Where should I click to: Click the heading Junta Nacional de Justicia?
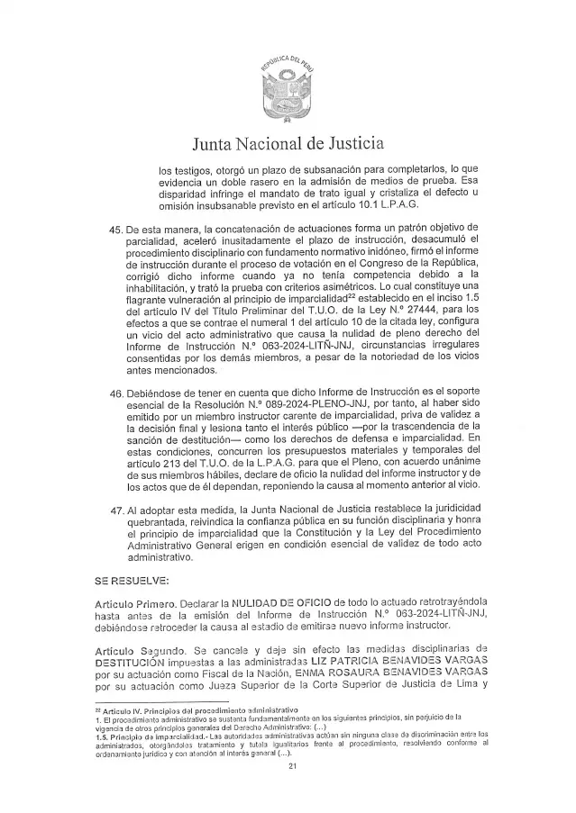pyautogui.click(x=288, y=142)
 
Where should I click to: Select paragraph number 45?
pyautogui.click(x=116, y=229)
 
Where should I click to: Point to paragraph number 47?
pyautogui.click(x=116, y=509)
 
